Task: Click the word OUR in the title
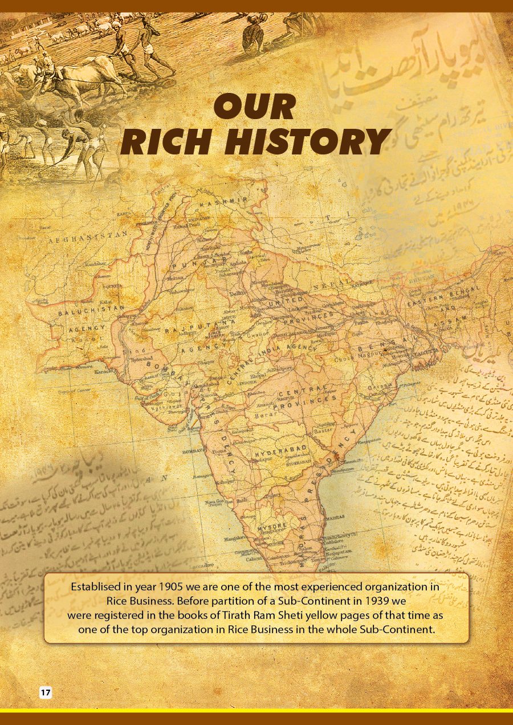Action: pos(254,107)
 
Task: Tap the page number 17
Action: pos(46,693)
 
